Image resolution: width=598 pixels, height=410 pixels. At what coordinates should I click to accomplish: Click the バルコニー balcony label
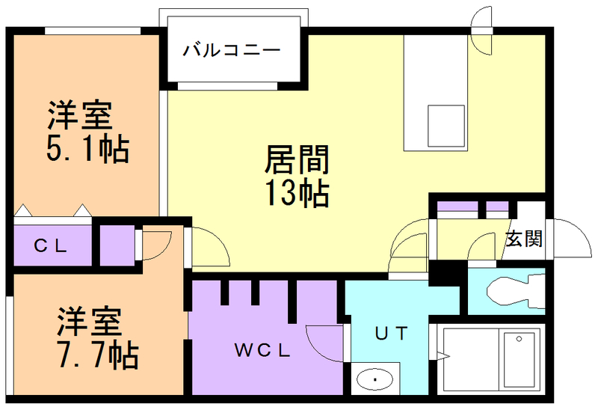(x=232, y=52)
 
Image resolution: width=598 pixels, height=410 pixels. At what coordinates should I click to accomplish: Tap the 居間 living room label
(x=297, y=161)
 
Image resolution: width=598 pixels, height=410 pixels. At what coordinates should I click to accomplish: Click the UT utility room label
(x=390, y=334)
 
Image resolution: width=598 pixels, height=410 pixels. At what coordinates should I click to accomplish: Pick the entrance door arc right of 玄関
(x=571, y=239)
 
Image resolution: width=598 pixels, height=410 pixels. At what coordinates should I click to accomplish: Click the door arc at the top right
(x=480, y=30)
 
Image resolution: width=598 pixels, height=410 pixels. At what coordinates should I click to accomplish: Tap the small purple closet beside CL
(x=117, y=244)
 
